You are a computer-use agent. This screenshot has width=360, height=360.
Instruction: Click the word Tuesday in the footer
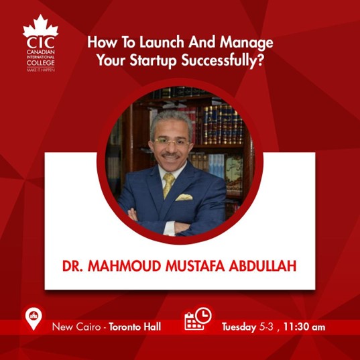[x=239, y=327]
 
